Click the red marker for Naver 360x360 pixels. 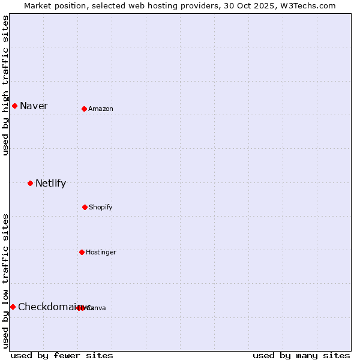point(14,106)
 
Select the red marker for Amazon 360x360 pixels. point(85,109)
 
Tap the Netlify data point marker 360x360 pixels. point(30,183)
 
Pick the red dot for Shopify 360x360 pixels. point(85,207)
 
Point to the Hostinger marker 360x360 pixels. point(82,252)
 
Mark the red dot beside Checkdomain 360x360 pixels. point(13,307)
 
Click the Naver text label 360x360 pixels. point(34,106)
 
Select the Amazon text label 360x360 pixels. point(101,109)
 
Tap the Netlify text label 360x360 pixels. point(50,183)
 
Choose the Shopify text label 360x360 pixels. point(101,207)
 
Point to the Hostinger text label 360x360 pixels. point(101,252)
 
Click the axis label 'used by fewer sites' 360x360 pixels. point(62,355)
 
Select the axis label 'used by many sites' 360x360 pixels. point(301,355)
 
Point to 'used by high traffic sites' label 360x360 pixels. point(5,85)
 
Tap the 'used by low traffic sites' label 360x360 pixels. point(5,281)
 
